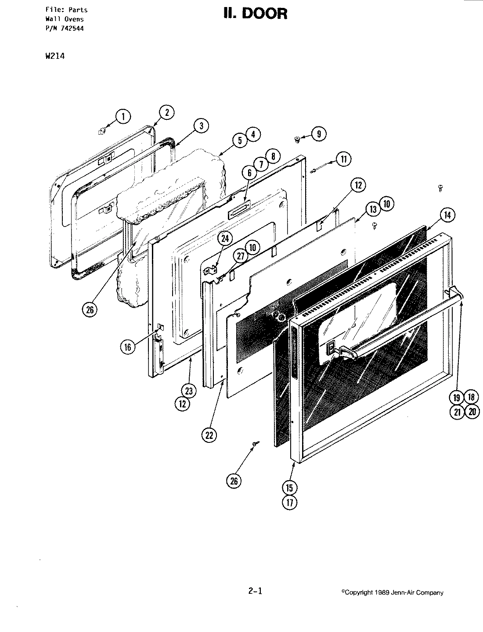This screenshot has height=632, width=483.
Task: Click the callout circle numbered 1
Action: pyautogui.click(x=123, y=116)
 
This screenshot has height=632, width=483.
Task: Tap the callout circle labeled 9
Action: pyautogui.click(x=318, y=134)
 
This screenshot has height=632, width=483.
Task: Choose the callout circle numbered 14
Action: pyautogui.click(x=447, y=215)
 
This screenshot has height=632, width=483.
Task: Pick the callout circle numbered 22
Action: pyautogui.click(x=209, y=434)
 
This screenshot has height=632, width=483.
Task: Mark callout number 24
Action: pyautogui.click(x=224, y=238)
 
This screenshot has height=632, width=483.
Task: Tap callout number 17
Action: pyautogui.click(x=290, y=502)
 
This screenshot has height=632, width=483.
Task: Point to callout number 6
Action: pyautogui.click(x=249, y=172)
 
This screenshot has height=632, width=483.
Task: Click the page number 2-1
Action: pyautogui.click(x=255, y=591)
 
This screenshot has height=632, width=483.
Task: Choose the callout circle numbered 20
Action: pyautogui.click(x=472, y=412)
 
